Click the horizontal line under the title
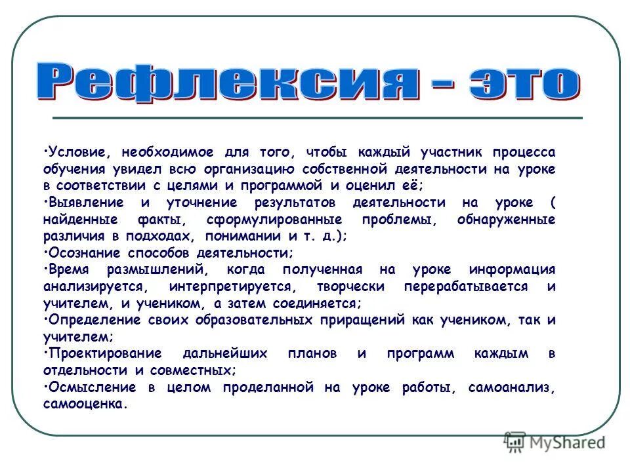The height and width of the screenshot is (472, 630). (x=317, y=117)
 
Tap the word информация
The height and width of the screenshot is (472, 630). (x=513, y=270)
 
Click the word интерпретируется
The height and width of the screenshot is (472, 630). (x=227, y=287)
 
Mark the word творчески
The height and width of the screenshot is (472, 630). (x=338, y=287)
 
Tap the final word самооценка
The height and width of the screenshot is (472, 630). (x=83, y=404)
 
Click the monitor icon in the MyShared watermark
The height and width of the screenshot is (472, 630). (x=515, y=441)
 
